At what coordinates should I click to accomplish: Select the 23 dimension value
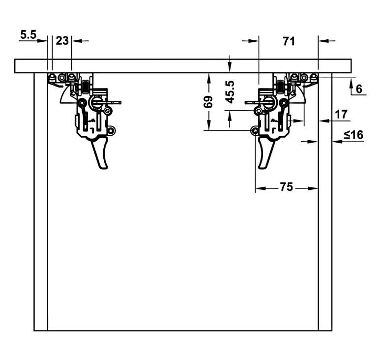[62, 41]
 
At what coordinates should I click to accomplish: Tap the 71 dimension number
[289, 41]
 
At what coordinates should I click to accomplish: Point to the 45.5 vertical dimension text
[230, 91]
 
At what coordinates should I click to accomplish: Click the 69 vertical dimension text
[208, 102]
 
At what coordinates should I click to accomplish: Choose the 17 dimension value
[341, 114]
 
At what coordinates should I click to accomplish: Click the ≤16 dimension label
[353, 135]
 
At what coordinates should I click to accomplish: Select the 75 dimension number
[286, 187]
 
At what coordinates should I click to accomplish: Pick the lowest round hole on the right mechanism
[255, 130]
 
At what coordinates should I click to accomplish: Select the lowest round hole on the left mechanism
[112, 130]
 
